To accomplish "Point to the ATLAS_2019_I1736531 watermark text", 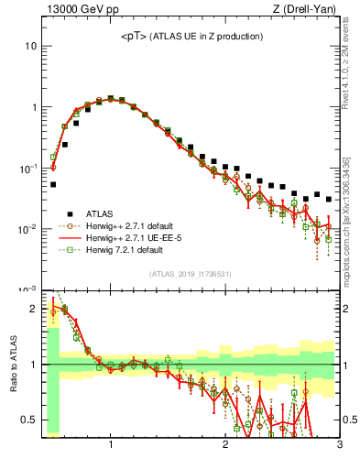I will [190, 274].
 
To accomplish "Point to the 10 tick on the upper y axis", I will [30, 46].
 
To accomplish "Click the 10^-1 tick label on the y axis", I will [27, 168].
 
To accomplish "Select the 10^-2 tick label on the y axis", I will [27, 228].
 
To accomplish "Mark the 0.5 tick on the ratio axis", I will [29, 420].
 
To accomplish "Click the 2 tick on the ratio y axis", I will [34, 308].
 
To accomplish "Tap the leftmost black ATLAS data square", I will [53, 184].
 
